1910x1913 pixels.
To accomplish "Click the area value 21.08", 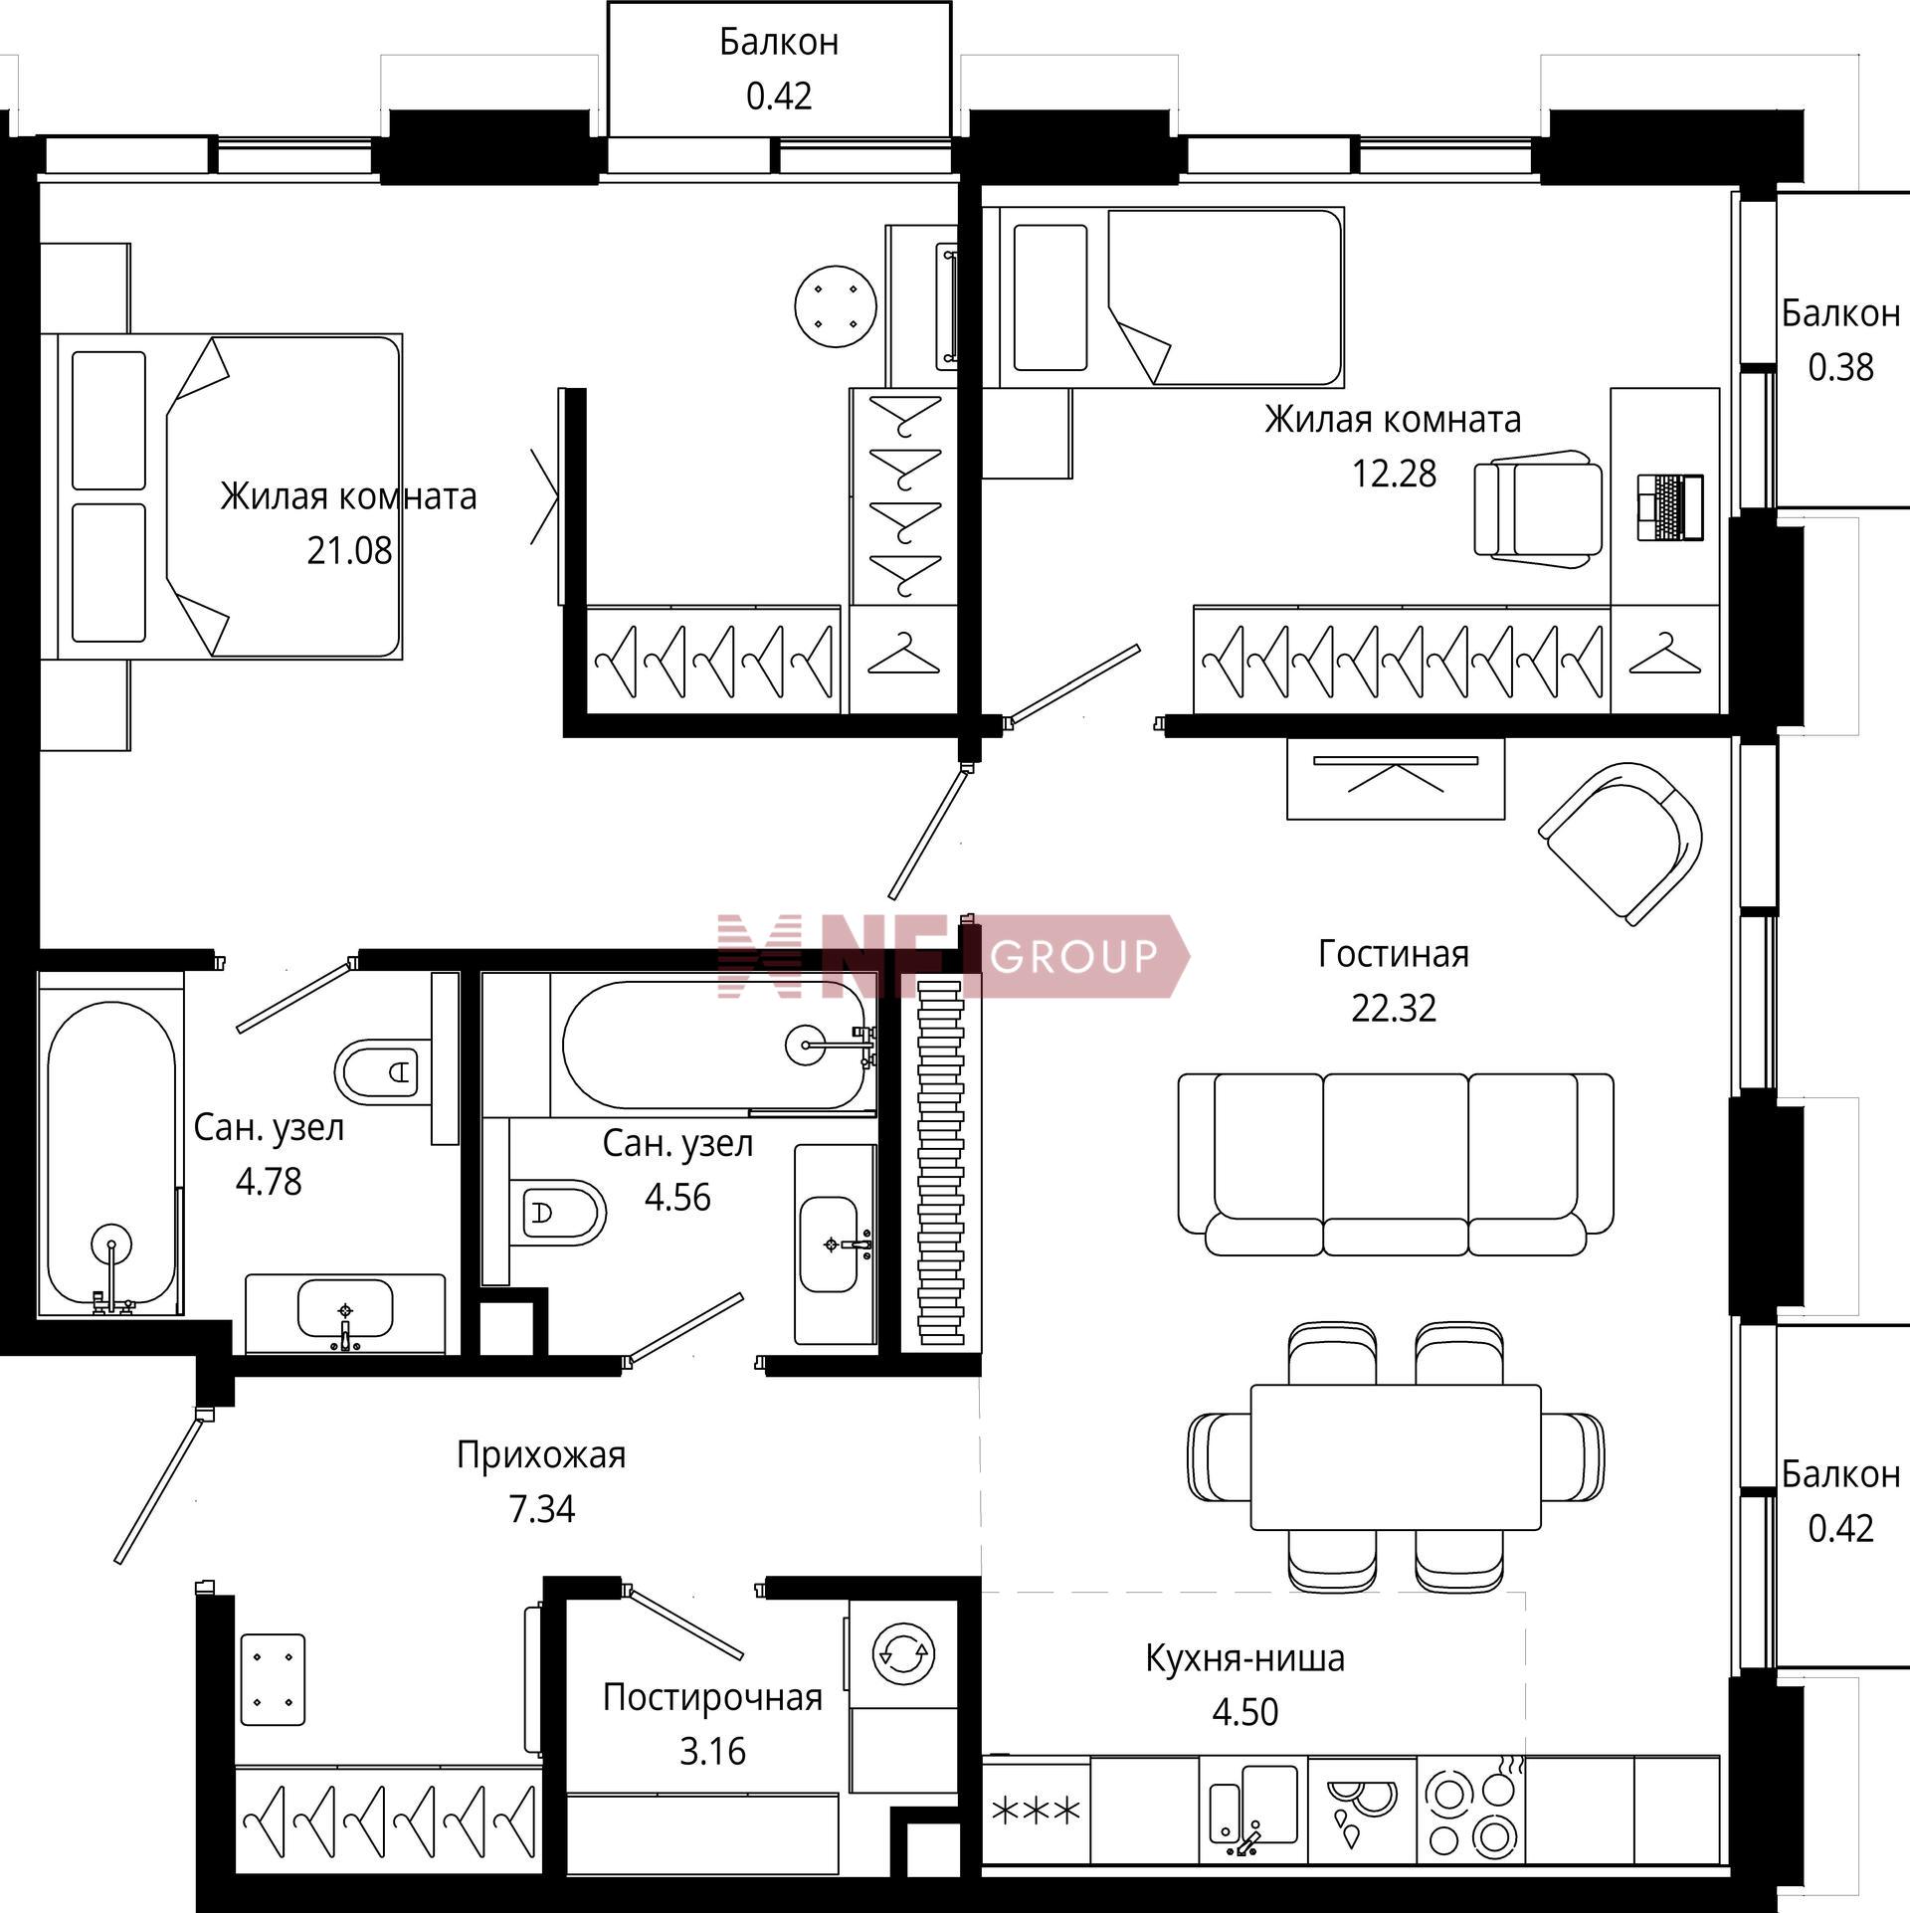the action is click(349, 550).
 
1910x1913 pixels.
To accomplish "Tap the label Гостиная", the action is click(1393, 954).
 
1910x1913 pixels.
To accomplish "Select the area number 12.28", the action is click(1393, 474).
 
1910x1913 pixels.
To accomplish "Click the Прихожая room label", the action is click(541, 1455).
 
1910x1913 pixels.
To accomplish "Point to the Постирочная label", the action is click(712, 1696).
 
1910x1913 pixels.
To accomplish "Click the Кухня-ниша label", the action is click(1244, 1657).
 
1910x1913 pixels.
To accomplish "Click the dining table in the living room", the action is click(1395, 1456).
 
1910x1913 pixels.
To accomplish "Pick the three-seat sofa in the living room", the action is click(1395, 1164).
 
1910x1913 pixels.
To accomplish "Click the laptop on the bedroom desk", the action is click(1670, 507).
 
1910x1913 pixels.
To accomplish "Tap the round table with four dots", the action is click(836, 306).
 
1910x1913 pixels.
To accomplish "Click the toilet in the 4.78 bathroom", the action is click(383, 1070).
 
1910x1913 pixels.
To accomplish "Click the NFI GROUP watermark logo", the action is click(953, 956).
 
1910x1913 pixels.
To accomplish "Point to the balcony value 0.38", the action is click(1840, 368).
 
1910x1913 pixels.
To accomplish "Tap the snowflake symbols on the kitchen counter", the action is click(1036, 1812).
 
